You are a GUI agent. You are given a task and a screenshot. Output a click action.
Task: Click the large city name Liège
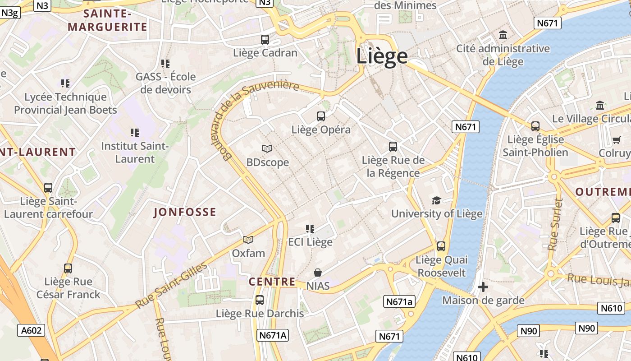(382, 56)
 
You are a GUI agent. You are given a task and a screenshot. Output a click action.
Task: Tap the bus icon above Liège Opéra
(321, 116)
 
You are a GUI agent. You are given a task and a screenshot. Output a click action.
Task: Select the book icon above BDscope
(267, 148)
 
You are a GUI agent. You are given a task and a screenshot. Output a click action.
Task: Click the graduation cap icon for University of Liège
(436, 200)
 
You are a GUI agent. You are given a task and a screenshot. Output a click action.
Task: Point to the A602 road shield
(32, 330)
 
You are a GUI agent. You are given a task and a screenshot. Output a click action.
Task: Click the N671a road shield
(399, 301)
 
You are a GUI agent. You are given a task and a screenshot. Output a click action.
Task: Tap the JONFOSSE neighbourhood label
(185, 212)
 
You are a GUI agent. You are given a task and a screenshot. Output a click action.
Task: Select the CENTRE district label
(272, 282)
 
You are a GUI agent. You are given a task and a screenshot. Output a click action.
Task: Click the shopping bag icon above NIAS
(318, 273)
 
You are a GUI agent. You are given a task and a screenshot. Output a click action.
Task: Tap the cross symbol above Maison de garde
(483, 287)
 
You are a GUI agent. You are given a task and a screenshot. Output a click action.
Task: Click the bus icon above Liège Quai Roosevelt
(441, 246)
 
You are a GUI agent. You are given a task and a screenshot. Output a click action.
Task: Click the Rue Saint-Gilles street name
(172, 285)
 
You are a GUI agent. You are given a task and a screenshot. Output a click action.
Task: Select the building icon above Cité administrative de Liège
(503, 35)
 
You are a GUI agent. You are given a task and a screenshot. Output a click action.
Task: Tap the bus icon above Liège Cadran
(265, 40)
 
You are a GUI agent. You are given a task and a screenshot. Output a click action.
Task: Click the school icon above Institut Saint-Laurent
(134, 133)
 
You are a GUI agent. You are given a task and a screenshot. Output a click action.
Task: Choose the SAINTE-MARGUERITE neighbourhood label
(108, 21)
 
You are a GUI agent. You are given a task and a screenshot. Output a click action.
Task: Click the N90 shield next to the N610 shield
(587, 328)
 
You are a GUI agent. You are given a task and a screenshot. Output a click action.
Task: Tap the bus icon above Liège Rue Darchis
(260, 300)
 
